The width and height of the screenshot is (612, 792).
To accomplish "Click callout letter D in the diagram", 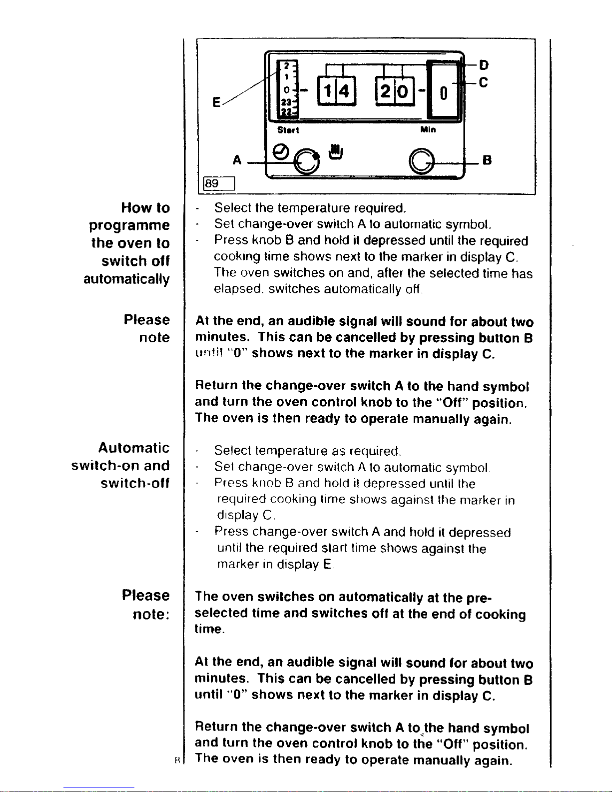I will [484, 65].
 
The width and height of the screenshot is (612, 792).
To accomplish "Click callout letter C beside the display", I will [483, 82].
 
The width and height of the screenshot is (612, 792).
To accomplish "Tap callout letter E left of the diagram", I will [216, 102].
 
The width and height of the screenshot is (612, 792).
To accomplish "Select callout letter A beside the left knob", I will [237, 160].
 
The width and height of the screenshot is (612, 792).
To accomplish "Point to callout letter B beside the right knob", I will [487, 160].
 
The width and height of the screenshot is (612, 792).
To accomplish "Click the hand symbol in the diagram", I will [335, 151].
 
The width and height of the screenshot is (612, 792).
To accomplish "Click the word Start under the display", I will [288, 130].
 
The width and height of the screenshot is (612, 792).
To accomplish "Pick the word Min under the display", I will [428, 130].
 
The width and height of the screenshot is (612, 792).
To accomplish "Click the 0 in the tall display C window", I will [443, 93].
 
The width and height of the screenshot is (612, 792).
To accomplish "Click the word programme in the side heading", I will [129, 225].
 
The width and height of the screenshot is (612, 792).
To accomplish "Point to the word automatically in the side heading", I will [126, 279].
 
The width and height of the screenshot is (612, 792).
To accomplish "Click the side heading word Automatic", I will [133, 447].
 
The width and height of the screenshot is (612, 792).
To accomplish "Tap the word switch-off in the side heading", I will [135, 483].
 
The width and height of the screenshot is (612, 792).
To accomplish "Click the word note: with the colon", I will [151, 614].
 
